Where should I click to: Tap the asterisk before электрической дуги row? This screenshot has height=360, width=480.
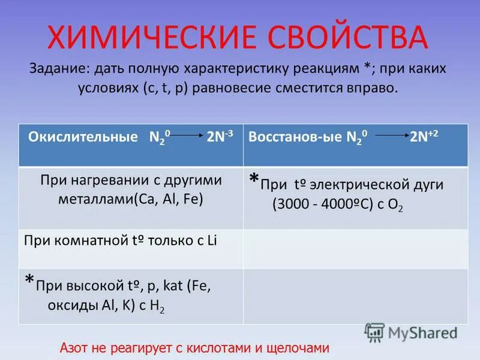click(254, 179)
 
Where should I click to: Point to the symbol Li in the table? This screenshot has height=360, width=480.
click(211, 241)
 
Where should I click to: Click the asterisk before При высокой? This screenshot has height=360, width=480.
click(29, 281)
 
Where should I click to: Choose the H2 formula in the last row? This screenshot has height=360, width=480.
click(157, 305)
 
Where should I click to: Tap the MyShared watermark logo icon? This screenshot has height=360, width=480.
click(374, 332)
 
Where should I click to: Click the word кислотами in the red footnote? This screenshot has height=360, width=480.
click(227, 348)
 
